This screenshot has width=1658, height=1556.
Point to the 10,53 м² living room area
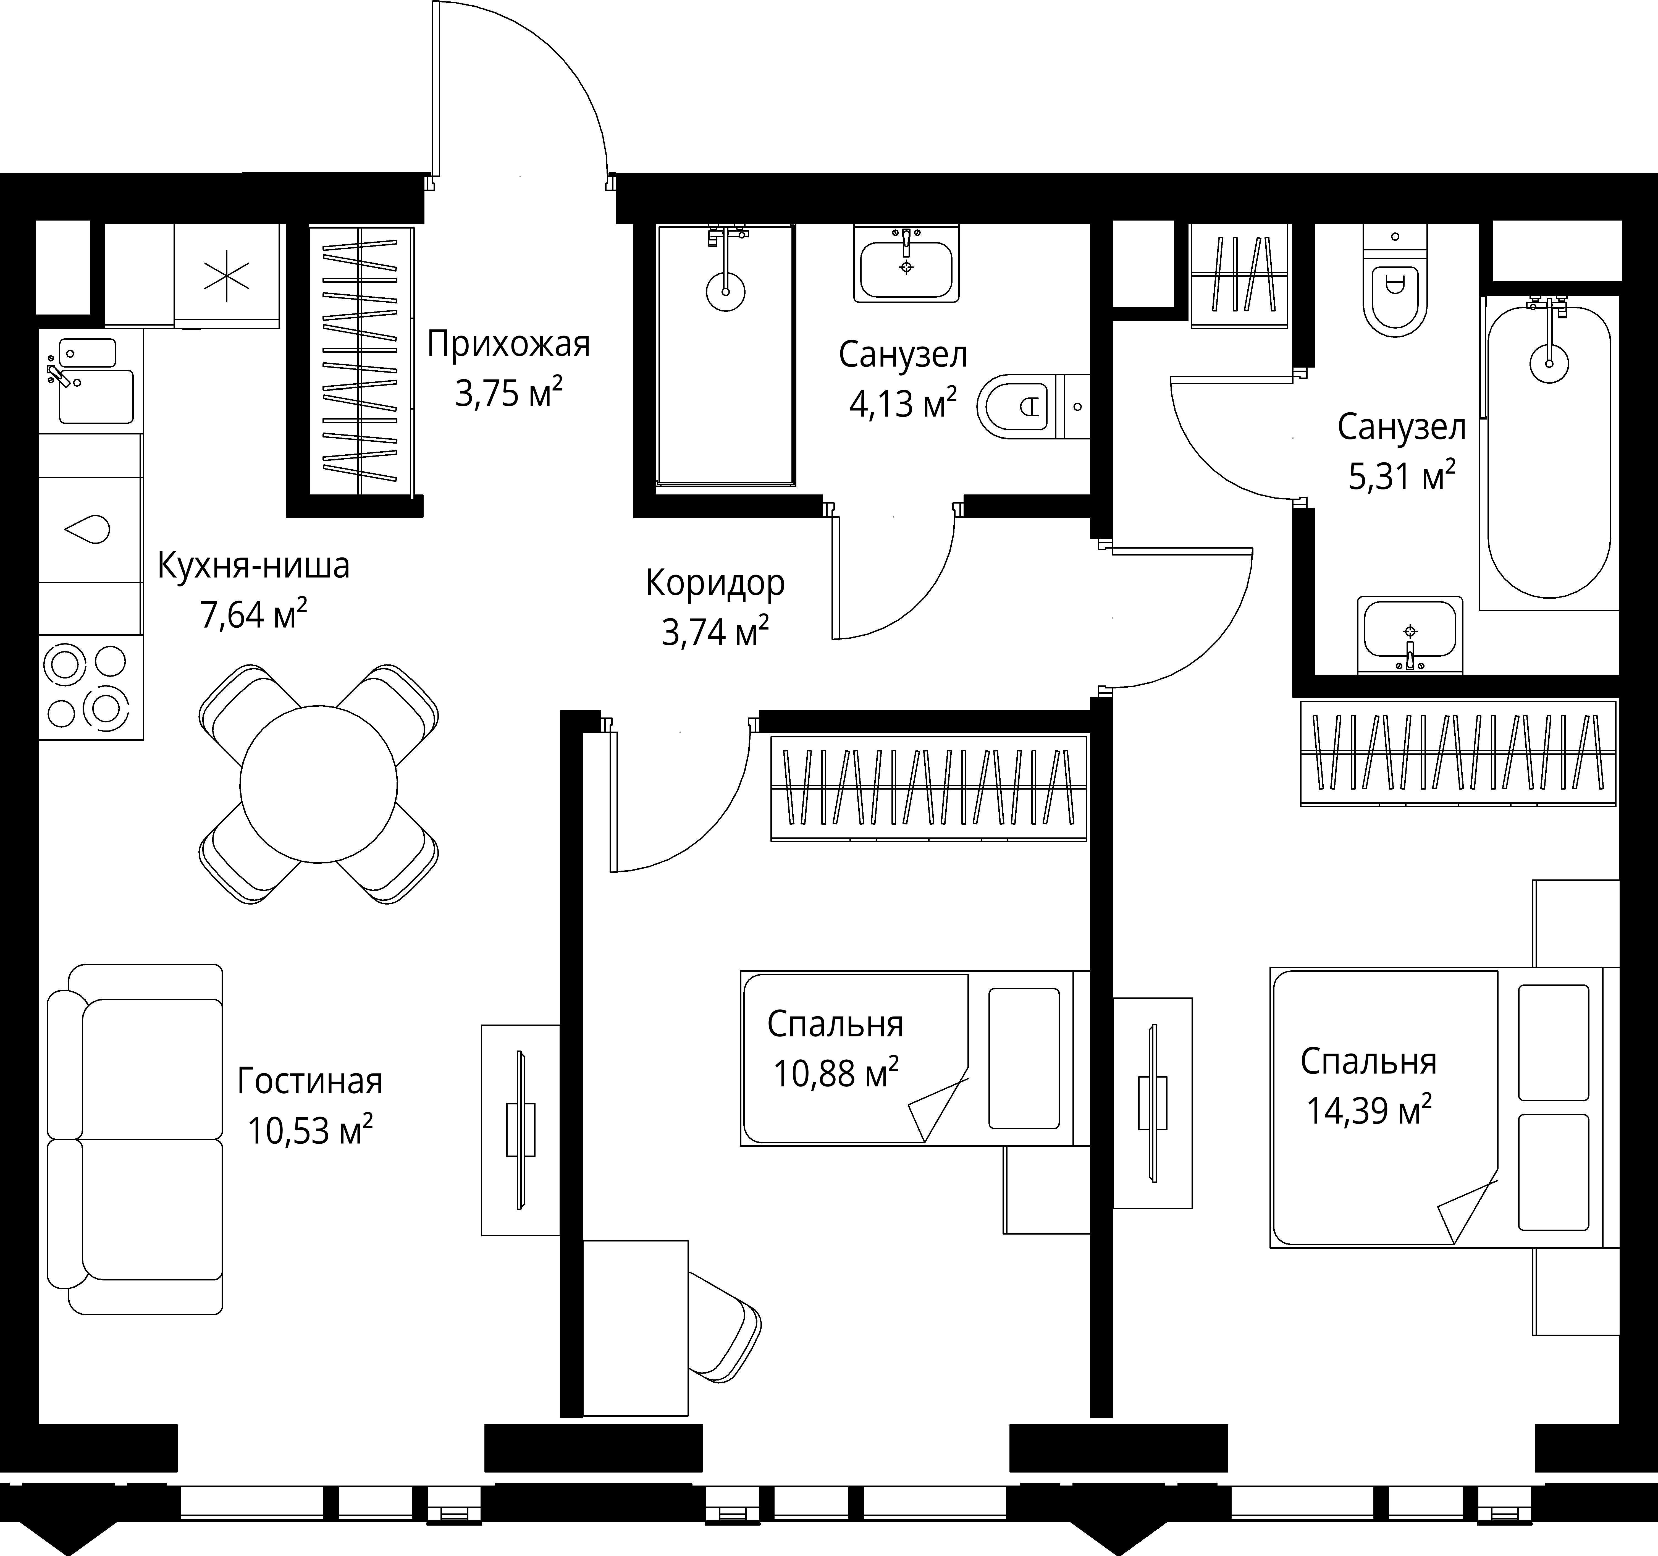pos(309,1130)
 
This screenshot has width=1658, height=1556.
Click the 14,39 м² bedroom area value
pos(1369,1110)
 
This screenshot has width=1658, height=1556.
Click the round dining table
pos(319,784)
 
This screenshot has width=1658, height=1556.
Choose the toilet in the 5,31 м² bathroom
pos(1391,280)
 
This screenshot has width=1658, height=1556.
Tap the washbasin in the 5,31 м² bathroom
pos(1410,634)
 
